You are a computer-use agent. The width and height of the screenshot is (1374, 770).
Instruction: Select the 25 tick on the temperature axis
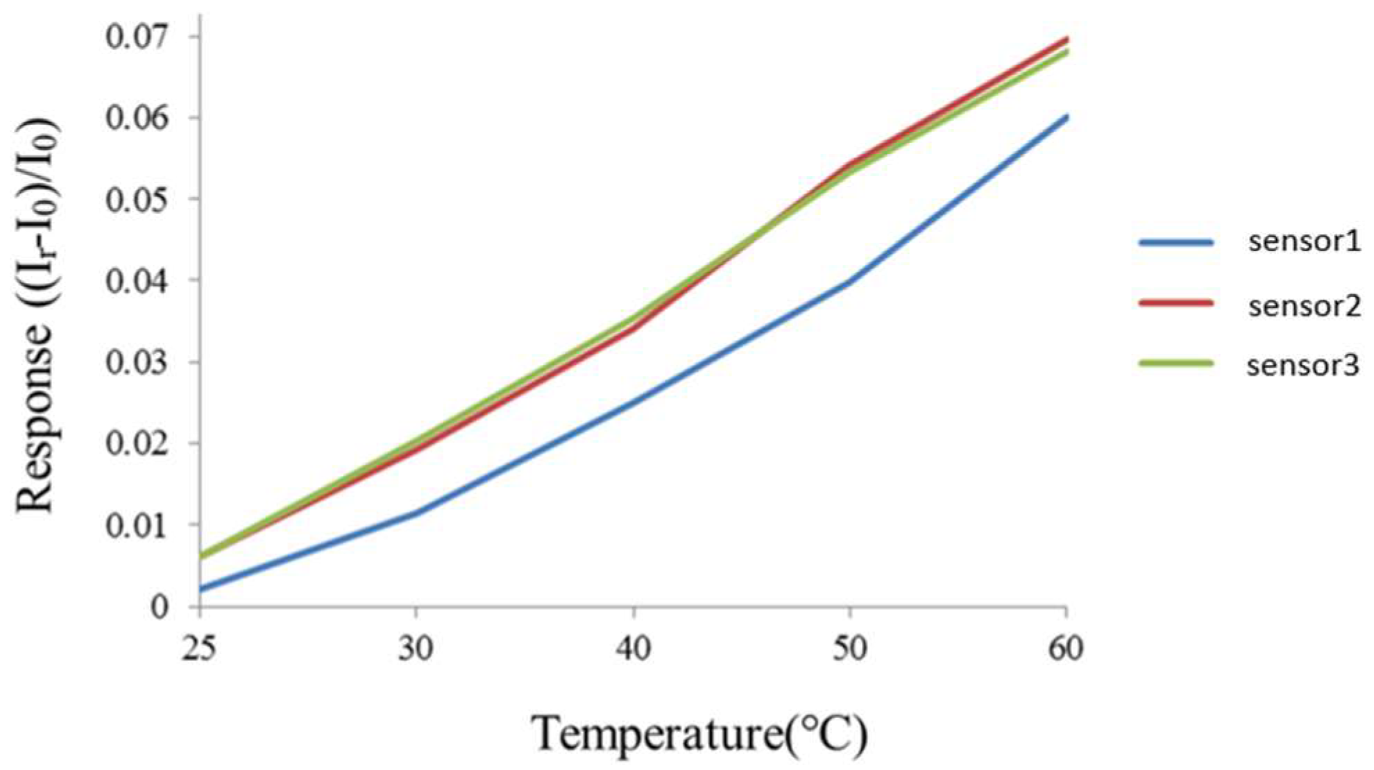click(200, 649)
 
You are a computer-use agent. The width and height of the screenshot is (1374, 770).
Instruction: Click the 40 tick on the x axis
click(634, 649)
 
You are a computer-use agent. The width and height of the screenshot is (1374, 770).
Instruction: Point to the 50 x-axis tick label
click(850, 649)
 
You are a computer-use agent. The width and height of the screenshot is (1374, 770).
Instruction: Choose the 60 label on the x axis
click(1066, 649)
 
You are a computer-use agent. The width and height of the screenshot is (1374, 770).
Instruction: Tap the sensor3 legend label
click(1303, 366)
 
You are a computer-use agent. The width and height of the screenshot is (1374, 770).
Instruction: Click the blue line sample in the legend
click(1176, 243)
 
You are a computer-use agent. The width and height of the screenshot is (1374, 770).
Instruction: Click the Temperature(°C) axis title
click(699, 734)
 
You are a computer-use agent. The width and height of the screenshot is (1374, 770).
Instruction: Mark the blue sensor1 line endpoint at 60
click(1066, 117)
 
